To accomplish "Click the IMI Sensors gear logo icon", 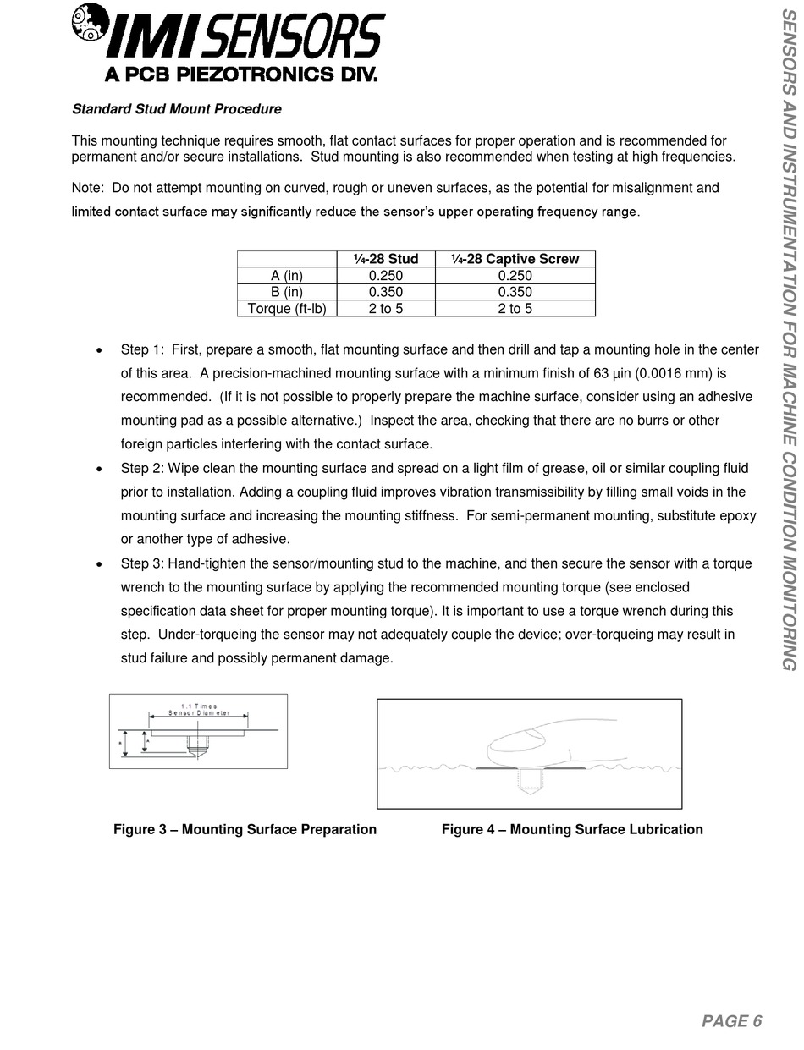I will (x=91, y=21).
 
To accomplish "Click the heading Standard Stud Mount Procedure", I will (x=176, y=109).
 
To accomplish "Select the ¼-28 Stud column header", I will (x=386, y=259).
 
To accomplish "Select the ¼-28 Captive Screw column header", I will (x=515, y=259).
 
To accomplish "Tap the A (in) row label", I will (x=287, y=276).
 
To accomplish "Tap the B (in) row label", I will (x=287, y=292).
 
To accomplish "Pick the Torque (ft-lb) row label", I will (x=287, y=308).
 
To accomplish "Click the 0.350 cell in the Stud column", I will (x=386, y=292).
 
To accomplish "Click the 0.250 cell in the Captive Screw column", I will (x=515, y=276).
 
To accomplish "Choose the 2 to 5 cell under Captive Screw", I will (x=515, y=308).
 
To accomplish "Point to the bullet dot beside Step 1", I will (x=100, y=350).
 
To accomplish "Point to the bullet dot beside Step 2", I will (x=100, y=469).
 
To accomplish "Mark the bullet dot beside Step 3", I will (x=100, y=564).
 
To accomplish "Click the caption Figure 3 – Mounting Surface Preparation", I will (x=245, y=829).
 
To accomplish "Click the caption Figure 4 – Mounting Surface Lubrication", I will (x=572, y=829).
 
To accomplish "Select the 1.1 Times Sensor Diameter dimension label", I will (x=199, y=709).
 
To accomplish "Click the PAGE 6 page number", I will (x=731, y=1021).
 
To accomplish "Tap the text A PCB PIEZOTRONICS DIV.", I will (x=240, y=74).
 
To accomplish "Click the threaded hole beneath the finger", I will (x=530, y=780).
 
